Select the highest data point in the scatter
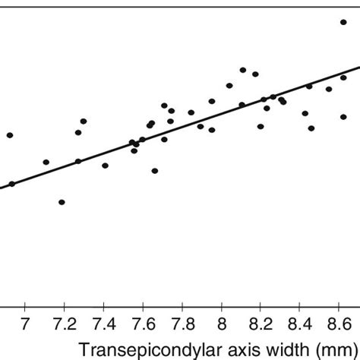point(343,22)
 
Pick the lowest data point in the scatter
point(62,202)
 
